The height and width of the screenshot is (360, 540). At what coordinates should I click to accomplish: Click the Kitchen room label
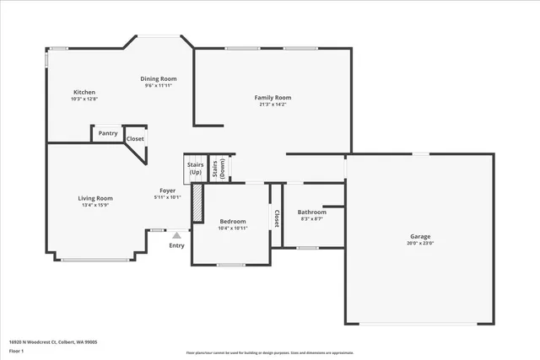tap(84, 92)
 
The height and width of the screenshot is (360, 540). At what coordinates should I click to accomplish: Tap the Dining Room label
tap(159, 78)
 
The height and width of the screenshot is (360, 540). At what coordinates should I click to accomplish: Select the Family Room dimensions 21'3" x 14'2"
tap(273, 105)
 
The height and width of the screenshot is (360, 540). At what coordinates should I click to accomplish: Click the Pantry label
tap(108, 133)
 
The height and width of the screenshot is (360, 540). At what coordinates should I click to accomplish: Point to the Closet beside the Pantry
tap(135, 138)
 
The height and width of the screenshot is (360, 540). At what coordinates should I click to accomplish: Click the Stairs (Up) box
tap(195, 168)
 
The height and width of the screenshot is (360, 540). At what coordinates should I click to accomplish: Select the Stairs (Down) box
tap(219, 168)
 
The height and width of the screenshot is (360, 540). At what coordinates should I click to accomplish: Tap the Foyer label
tap(168, 191)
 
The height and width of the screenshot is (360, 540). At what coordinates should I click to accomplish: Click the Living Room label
tap(97, 198)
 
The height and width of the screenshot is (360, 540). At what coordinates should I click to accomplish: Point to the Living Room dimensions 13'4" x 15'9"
tap(97, 205)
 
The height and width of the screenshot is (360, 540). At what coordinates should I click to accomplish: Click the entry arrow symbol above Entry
tap(176, 237)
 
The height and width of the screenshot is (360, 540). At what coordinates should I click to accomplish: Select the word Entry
tap(176, 245)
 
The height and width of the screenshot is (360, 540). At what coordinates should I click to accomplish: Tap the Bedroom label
tap(232, 222)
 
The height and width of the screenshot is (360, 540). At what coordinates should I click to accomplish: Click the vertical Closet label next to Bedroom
tap(276, 218)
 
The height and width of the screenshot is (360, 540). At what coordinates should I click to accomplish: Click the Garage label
tap(420, 237)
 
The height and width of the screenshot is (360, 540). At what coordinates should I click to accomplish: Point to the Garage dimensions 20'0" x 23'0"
tap(420, 244)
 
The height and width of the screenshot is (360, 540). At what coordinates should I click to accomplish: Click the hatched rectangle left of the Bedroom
tap(197, 203)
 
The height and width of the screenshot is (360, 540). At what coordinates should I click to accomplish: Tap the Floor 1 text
tap(17, 350)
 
